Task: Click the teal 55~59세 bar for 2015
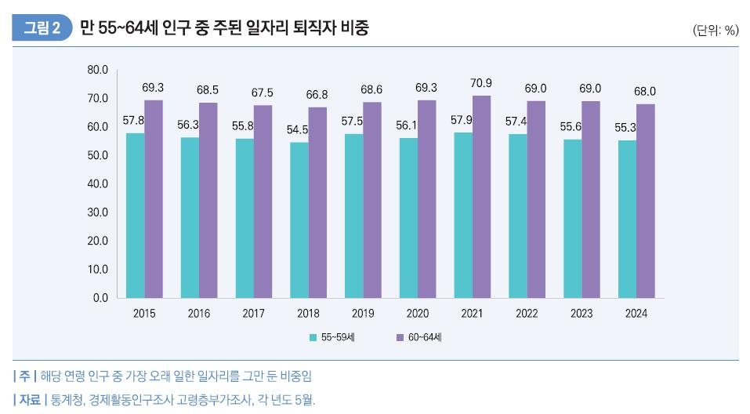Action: [x=135, y=216]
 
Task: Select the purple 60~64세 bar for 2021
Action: [x=481, y=197]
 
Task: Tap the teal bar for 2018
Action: [x=299, y=220]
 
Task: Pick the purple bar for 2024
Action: [x=645, y=201]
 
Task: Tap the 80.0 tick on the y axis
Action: [x=97, y=70]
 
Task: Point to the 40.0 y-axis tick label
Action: [x=97, y=183]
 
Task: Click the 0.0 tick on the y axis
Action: [x=100, y=298]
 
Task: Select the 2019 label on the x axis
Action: [x=363, y=314]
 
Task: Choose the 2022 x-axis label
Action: [x=527, y=314]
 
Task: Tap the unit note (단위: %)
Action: [x=716, y=31]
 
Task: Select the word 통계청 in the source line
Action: [x=68, y=400]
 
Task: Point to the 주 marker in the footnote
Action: [x=24, y=376]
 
